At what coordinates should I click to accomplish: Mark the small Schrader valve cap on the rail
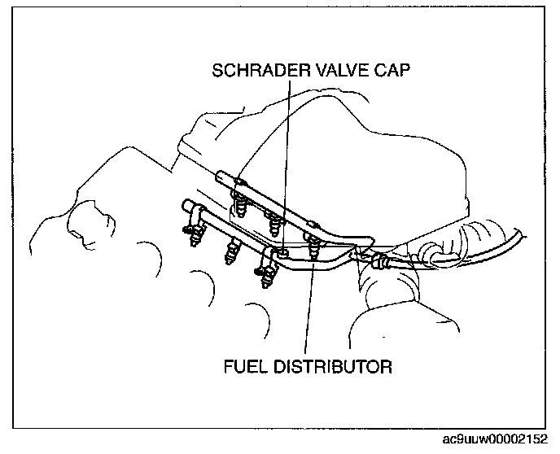point(283,255)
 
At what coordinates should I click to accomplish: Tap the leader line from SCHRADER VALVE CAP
point(286,163)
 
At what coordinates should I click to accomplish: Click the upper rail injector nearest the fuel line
point(312,239)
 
